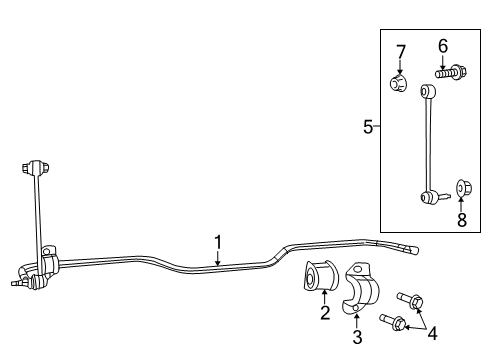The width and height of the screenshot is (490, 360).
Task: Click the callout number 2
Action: pyautogui.click(x=325, y=314)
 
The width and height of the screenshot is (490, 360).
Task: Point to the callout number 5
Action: pyautogui.click(x=368, y=127)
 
